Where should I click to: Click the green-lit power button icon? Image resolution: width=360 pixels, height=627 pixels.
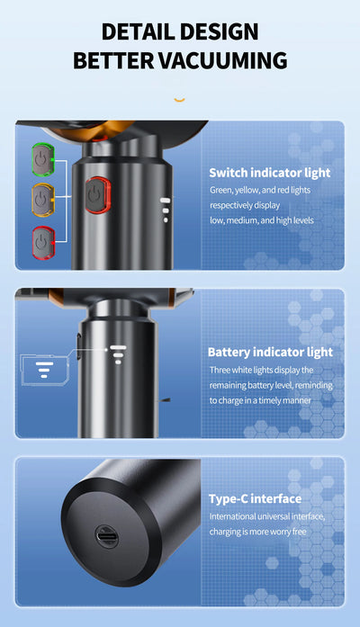[x=43, y=159]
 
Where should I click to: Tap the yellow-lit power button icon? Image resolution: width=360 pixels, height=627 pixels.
[x=43, y=200]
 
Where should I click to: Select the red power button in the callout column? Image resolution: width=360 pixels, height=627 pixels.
[x=43, y=243]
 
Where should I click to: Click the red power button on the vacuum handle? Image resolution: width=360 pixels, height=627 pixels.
[x=97, y=195]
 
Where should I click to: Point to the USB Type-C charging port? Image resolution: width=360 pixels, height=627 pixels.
[x=107, y=536]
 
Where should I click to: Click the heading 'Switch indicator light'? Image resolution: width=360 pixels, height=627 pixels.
[x=270, y=173]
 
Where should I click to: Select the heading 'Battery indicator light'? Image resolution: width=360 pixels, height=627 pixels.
[x=270, y=353]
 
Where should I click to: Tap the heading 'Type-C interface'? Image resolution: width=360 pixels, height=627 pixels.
[x=256, y=498]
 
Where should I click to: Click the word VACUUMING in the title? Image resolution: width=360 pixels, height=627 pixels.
[x=223, y=61]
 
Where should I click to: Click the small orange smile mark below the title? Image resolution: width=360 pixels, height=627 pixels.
[x=180, y=99]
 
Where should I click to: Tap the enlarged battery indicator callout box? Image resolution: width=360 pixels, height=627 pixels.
[x=44, y=370]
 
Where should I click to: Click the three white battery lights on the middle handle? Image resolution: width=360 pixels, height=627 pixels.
[x=118, y=354]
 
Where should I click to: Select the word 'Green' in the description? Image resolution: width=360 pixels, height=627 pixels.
[x=220, y=191]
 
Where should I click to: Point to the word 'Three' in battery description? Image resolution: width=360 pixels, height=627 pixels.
[x=220, y=370]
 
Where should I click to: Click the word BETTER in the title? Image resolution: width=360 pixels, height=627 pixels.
[x=113, y=61]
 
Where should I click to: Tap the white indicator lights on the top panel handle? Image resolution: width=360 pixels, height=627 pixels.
[x=166, y=210]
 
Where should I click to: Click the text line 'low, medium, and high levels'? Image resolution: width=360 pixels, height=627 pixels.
[x=262, y=220]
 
